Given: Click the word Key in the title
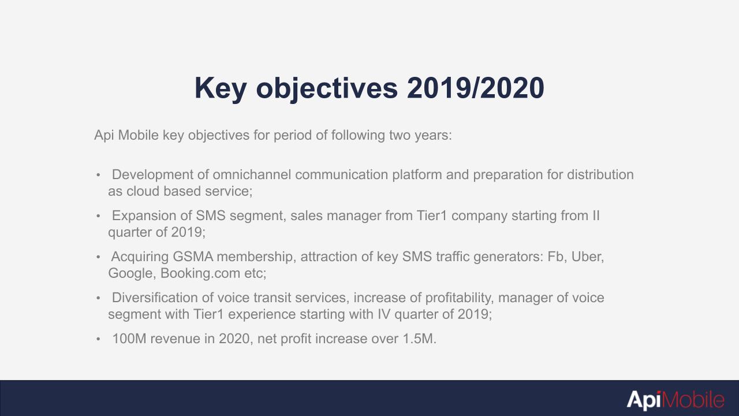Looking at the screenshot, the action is (x=221, y=88).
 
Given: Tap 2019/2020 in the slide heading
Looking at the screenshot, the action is (x=475, y=88).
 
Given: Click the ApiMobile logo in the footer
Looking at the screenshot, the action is (x=675, y=400).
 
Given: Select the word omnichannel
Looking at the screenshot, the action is (x=252, y=174).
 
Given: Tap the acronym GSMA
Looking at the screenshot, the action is (x=193, y=257).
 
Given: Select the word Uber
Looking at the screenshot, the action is (x=587, y=257).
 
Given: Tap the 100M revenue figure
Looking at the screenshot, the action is (x=129, y=339).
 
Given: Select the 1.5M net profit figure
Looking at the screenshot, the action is (x=419, y=339).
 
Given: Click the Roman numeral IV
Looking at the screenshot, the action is (x=384, y=314).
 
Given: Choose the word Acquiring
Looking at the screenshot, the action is (x=140, y=257).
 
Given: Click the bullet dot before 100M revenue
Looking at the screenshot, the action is (x=98, y=339).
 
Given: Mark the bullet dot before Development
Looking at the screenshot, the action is (x=98, y=175).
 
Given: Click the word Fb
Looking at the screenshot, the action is (x=555, y=257).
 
